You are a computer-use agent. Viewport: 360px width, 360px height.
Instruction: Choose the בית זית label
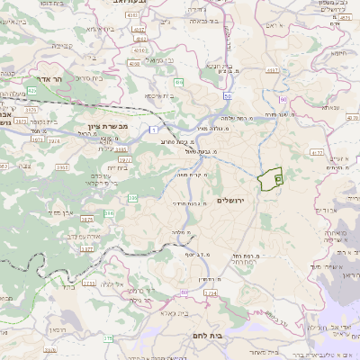(x=118, y=168)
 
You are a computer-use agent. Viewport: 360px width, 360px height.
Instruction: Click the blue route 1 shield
(x=154, y=130)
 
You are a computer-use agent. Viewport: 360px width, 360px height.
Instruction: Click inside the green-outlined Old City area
(x=269, y=180)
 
